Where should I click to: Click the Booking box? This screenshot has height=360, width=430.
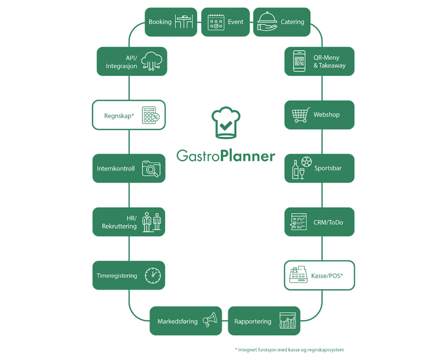pyautogui.click(x=171, y=22)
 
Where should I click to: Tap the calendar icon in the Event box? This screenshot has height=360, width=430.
pyautogui.click(x=216, y=22)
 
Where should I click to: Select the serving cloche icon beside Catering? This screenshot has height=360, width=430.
pyautogui.click(x=267, y=21)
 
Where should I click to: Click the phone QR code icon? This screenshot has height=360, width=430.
pyautogui.click(x=299, y=61)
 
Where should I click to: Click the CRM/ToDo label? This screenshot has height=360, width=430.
pyautogui.click(x=328, y=222)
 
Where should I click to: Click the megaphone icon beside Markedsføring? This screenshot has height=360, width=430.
pyautogui.click(x=210, y=320)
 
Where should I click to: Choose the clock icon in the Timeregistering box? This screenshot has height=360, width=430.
pyautogui.click(x=153, y=275)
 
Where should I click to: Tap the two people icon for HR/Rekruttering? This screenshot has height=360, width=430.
pyautogui.click(x=152, y=222)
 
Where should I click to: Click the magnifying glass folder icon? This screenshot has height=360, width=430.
pyautogui.click(x=151, y=169)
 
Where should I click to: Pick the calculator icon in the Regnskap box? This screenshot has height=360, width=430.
pyautogui.click(x=150, y=116)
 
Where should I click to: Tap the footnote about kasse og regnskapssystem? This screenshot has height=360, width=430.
pyautogui.click(x=289, y=350)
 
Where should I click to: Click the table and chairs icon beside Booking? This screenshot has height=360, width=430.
pyautogui.click(x=184, y=22)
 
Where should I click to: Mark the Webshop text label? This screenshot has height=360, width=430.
pyautogui.click(x=326, y=115)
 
